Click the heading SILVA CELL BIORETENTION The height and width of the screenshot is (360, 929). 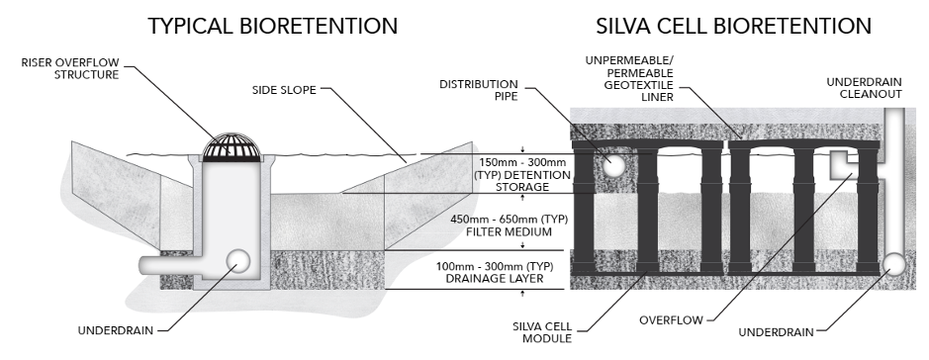point(733,27)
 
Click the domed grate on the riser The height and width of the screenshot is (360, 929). point(230,145)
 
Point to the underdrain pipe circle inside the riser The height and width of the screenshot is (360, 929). point(239,261)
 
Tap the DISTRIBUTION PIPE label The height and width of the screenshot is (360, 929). point(480,90)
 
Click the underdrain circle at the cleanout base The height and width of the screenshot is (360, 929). point(894,264)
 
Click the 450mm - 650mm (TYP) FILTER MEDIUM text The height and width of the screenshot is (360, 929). point(495,227)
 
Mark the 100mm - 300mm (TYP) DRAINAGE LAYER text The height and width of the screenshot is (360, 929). point(495,274)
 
